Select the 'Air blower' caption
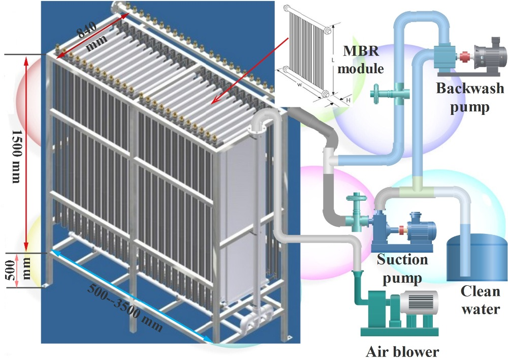pyautogui.click(x=402, y=351)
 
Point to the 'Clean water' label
pyautogui.click(x=480, y=300)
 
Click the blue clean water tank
pyautogui.click(x=472, y=257)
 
